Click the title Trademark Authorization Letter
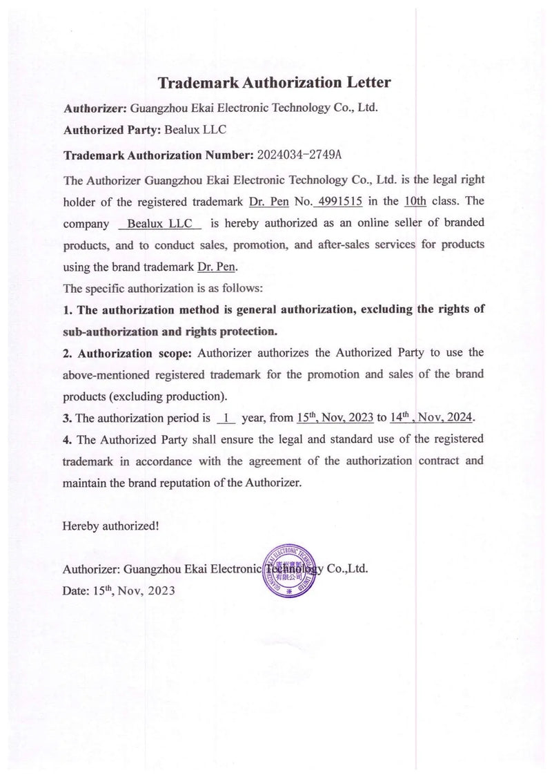click(275, 84)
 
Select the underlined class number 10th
click(415, 202)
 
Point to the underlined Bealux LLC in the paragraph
click(159, 224)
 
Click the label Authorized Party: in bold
click(111, 129)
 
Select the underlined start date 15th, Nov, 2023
click(333, 418)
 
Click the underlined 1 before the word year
click(226, 419)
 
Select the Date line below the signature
click(118, 591)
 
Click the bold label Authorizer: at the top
click(93, 108)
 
